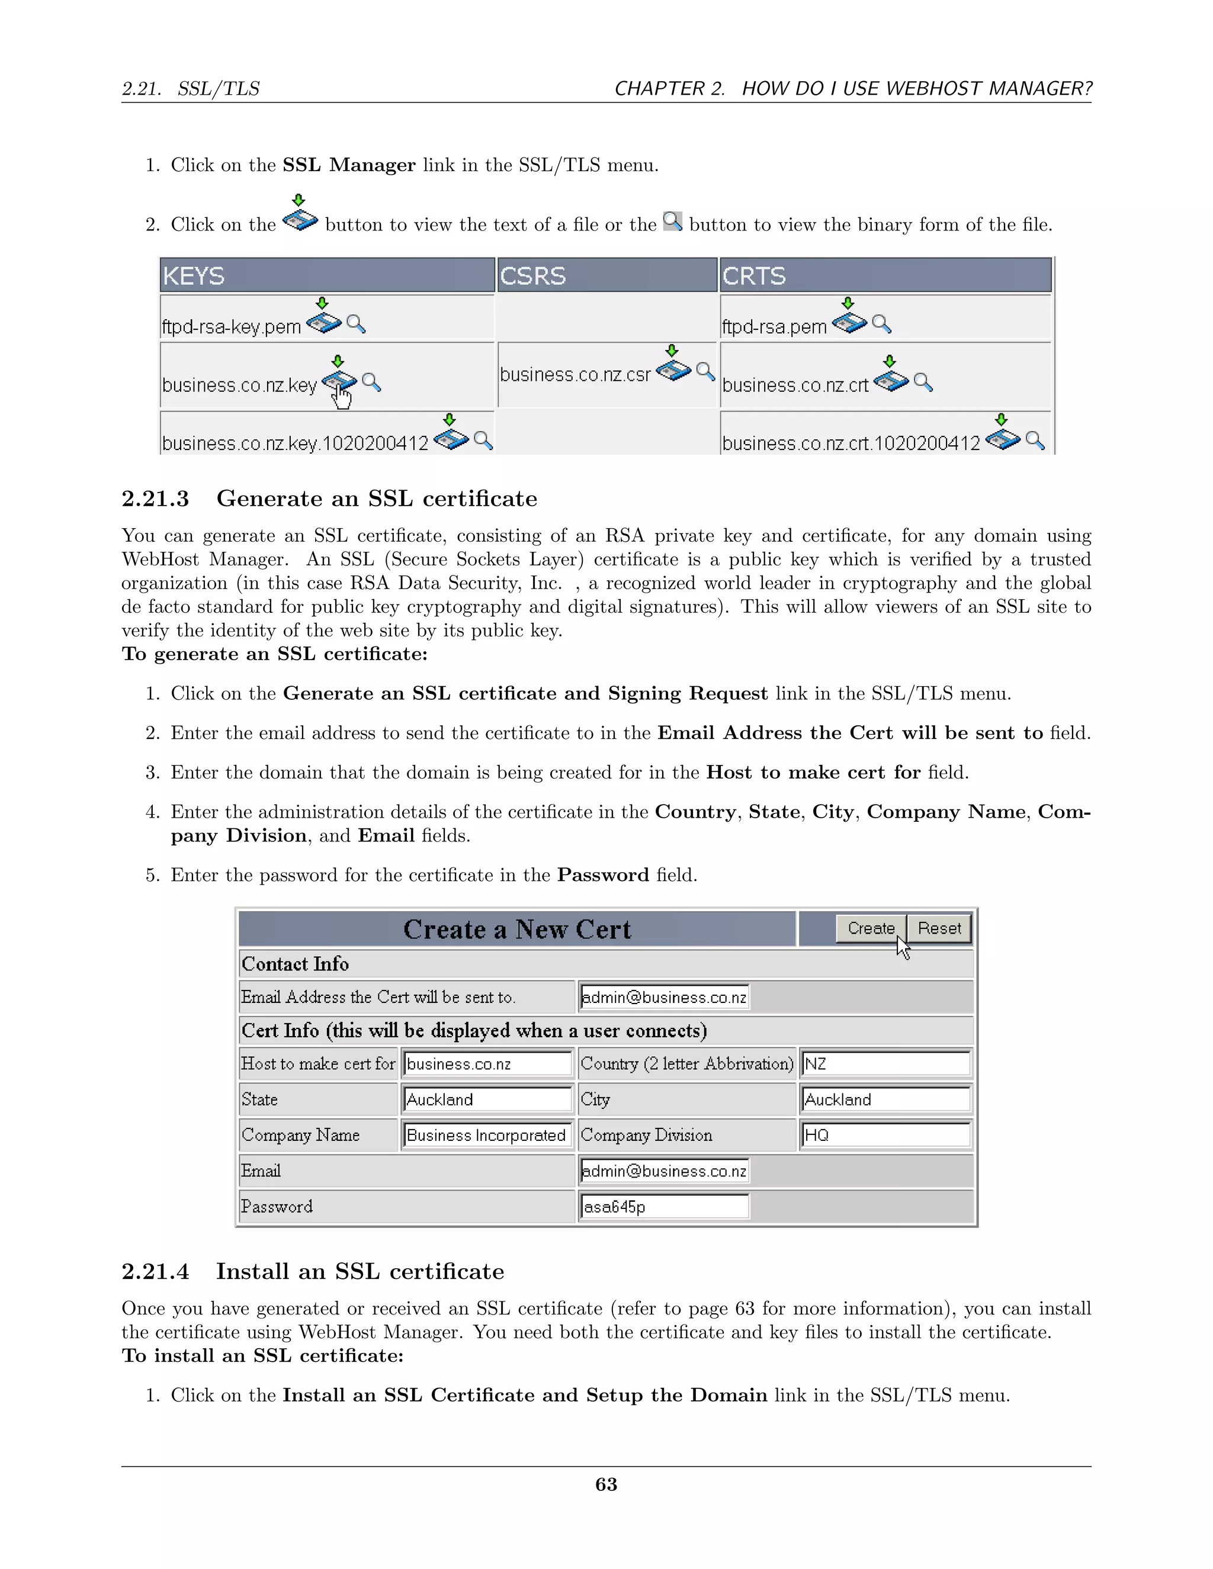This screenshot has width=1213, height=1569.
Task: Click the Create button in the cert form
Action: (870, 928)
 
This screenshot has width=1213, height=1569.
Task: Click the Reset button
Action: (939, 928)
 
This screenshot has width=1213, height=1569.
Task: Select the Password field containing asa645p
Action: (664, 1207)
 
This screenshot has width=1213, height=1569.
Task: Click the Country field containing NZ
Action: (885, 1064)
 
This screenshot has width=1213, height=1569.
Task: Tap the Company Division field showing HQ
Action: (885, 1135)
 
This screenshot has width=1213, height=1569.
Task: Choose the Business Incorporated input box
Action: (486, 1135)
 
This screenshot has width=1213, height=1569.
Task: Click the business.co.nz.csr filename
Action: (575, 375)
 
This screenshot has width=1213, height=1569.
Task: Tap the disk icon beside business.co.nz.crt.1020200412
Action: (1003, 439)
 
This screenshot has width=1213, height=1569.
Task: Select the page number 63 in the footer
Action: (606, 1484)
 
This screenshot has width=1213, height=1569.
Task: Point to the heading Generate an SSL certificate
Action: (377, 499)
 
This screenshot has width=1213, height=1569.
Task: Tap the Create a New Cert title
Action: (516, 930)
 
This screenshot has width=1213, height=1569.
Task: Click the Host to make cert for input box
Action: (486, 1064)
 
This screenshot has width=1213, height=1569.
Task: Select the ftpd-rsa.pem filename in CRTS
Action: (774, 327)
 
